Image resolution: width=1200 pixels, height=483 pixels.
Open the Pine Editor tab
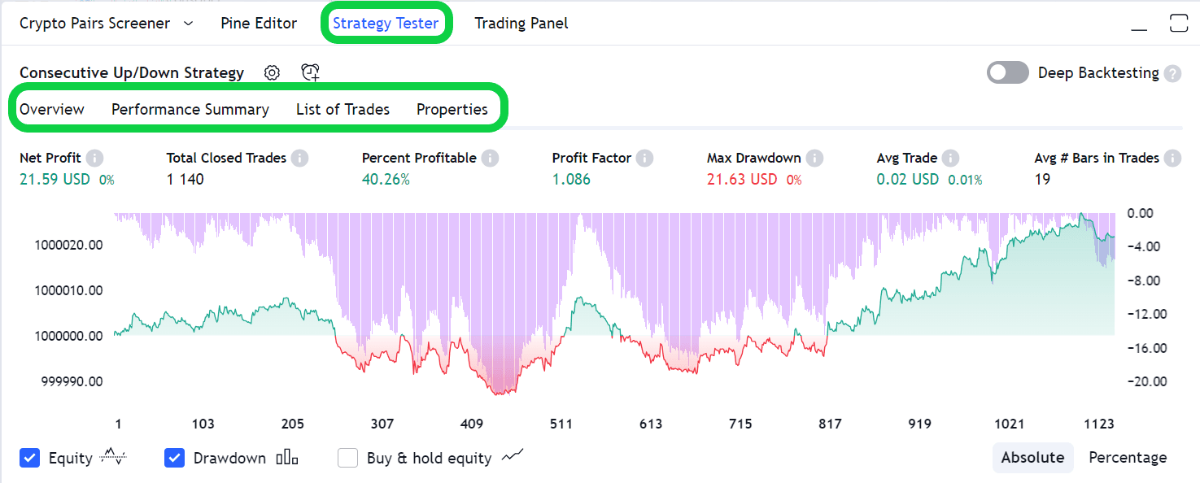259,24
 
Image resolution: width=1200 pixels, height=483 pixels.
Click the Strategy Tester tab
386,24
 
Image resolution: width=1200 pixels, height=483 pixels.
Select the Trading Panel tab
521,24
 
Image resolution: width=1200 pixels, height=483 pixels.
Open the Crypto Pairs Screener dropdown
189,24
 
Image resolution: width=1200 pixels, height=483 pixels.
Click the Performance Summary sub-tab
190,110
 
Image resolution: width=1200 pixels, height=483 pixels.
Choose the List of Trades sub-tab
343,110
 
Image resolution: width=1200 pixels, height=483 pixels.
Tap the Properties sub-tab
452,110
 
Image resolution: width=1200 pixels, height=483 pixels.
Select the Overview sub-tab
52,110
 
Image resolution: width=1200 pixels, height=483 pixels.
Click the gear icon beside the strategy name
273,73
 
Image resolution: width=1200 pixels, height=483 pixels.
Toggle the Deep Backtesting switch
1008,73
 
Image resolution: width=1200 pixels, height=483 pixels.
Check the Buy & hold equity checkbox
348,458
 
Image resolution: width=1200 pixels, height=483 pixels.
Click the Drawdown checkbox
175,458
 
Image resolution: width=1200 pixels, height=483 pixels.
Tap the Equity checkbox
30,458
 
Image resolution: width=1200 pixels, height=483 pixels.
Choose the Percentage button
1128,458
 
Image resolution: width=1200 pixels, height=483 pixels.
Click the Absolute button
1032,458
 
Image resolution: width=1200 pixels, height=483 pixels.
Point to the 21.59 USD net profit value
55,180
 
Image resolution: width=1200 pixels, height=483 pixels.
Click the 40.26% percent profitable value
386,180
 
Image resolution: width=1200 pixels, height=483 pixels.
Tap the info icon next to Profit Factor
644,159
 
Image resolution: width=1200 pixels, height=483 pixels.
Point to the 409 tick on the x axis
472,424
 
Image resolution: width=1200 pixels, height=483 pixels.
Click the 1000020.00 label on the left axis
68,245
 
